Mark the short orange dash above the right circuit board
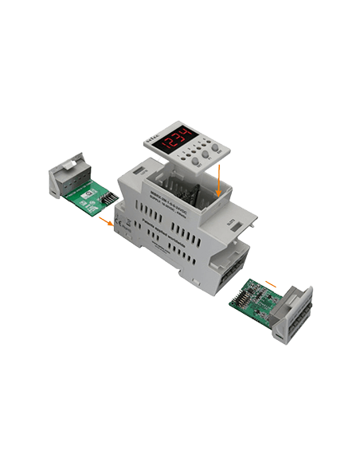[272, 283]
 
